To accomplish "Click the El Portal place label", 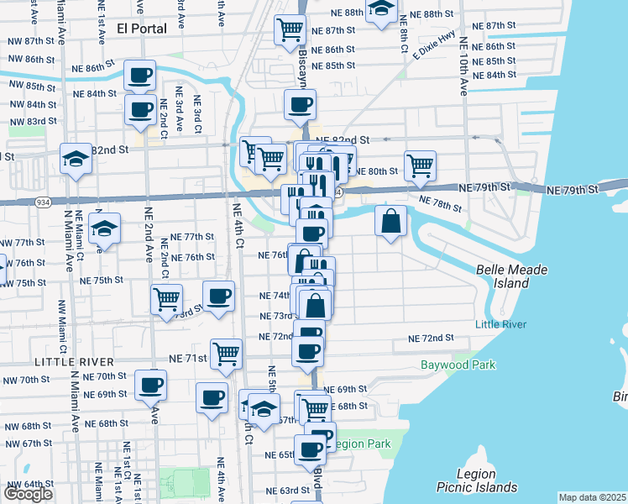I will click(142, 28).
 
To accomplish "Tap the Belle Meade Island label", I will click(511, 276).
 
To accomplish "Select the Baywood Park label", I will click(458, 365).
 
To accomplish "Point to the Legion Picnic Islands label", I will click(477, 480).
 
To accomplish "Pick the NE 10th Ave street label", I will click(463, 66).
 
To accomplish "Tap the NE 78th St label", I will click(440, 203).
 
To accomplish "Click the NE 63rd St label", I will click(288, 491).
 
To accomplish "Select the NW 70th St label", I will click(26, 380).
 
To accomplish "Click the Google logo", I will click(28, 494).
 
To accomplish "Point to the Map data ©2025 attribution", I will click(593, 497).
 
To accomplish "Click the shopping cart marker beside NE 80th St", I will click(420, 165).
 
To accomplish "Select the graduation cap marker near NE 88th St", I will click(382, 9).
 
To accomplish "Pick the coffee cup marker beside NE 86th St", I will click(140, 75).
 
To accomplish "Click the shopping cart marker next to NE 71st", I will click(226, 354).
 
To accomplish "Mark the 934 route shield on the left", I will click(42, 202).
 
